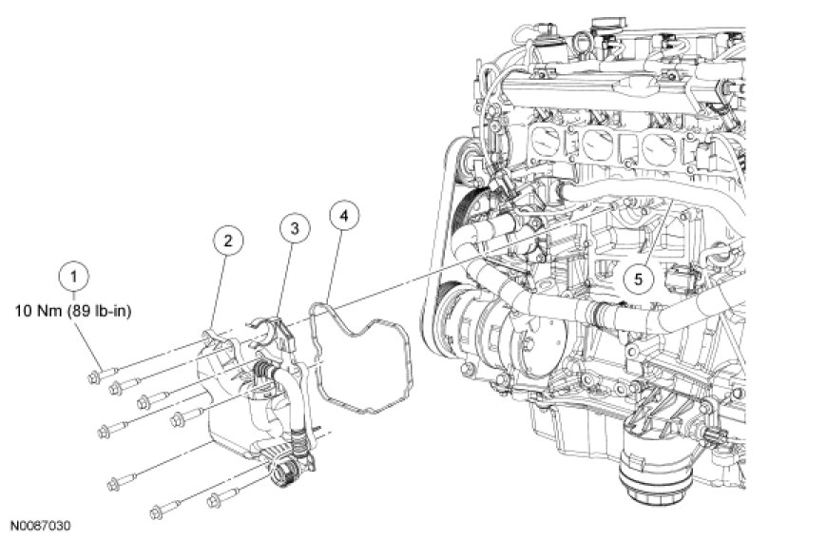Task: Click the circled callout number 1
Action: click(74, 277)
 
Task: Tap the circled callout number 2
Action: click(228, 241)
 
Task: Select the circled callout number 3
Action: click(295, 228)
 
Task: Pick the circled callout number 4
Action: click(344, 216)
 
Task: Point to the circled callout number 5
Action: click(638, 279)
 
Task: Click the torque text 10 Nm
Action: click(39, 311)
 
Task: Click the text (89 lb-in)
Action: click(99, 311)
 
